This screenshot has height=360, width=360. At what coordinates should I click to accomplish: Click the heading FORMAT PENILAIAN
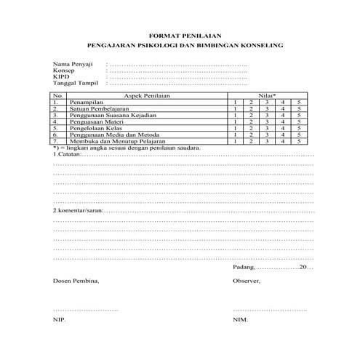coord(180,35)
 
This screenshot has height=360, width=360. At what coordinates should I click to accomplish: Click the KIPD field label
coord(61,78)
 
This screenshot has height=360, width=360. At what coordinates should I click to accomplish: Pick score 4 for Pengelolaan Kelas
coord(283,129)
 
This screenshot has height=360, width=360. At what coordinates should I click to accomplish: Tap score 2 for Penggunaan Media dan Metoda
coord(251,135)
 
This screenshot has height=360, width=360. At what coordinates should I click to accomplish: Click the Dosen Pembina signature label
coord(75,281)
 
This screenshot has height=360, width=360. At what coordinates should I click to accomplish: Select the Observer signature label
coord(246,281)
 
